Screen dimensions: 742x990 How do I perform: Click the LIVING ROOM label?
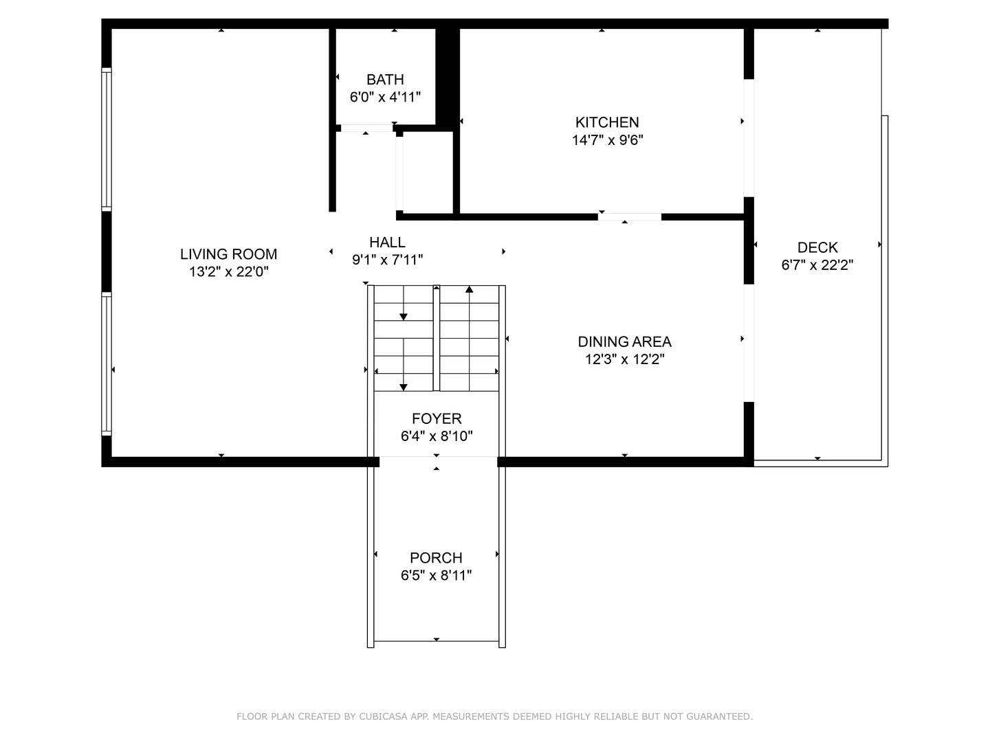pos(228,254)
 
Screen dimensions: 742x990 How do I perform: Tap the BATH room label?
pos(385,80)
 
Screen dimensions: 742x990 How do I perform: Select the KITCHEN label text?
pos(607,122)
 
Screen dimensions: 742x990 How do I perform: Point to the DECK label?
pos(817,247)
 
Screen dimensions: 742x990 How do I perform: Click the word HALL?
pos(387,242)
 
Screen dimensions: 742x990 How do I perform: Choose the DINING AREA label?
pos(624,341)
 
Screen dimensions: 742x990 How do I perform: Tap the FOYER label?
pos(437,418)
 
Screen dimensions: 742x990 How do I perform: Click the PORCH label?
pos(436,558)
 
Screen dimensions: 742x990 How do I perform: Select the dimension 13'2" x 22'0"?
pos(228,272)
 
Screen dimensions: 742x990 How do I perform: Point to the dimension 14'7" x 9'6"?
pos(607,140)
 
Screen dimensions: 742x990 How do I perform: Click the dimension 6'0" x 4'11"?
pos(385,97)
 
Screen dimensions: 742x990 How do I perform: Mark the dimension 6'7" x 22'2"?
pos(817,265)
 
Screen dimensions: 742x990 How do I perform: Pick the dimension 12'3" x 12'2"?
pos(624,359)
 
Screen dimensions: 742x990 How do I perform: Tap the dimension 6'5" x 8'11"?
pos(436,576)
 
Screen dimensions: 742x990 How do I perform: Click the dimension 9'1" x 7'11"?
pos(387,260)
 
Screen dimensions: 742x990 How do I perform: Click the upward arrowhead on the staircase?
pos(470,289)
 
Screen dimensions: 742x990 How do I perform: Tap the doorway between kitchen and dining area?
pos(629,217)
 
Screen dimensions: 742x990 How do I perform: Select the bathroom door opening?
pos(366,128)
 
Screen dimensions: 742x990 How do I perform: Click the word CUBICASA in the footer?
pos(381,717)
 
